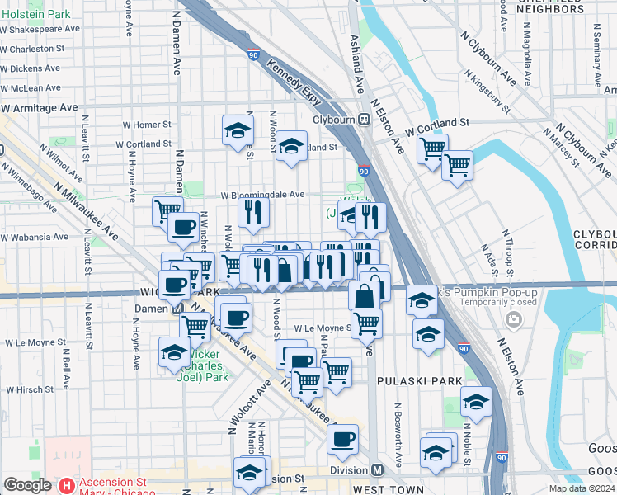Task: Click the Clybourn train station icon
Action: tap(364, 120)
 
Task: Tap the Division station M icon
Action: tap(377, 470)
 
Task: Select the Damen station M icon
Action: tap(176, 309)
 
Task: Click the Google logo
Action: tap(28, 485)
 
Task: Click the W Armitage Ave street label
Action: tap(39, 107)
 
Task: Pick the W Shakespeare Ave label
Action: tap(40, 28)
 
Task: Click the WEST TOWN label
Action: tap(388, 489)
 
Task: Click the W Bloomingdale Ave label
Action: tap(262, 195)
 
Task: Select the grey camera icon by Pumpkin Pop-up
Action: tap(515, 319)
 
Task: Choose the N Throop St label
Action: tap(511, 261)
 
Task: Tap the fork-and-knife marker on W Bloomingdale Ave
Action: tap(253, 211)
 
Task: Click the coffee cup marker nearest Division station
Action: tap(342, 440)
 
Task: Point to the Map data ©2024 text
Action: tap(581, 488)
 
